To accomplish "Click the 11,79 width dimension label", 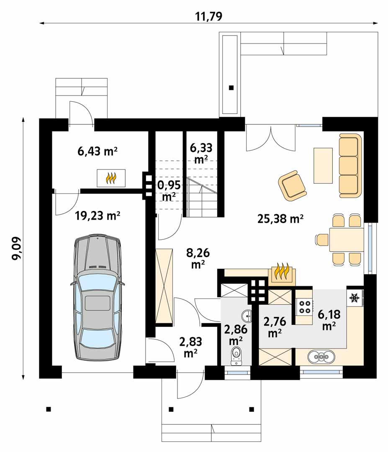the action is click(209, 16).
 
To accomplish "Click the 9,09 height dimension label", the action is click(16, 248).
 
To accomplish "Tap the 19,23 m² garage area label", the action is click(98, 216).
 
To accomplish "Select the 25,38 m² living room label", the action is click(280, 219).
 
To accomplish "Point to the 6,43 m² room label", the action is click(98, 151).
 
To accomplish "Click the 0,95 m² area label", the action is click(169, 190).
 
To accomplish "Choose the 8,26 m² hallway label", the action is click(198, 258).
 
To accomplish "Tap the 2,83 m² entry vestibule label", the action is click(190, 347).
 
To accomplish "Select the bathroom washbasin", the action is click(247, 316).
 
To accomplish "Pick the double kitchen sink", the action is click(321, 357).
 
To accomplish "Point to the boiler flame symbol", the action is click(111, 178).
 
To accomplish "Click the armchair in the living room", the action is click(292, 185).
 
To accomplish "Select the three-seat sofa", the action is click(350, 165).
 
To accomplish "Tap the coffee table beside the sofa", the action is click(323, 165).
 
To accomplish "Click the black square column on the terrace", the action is click(231, 88).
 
